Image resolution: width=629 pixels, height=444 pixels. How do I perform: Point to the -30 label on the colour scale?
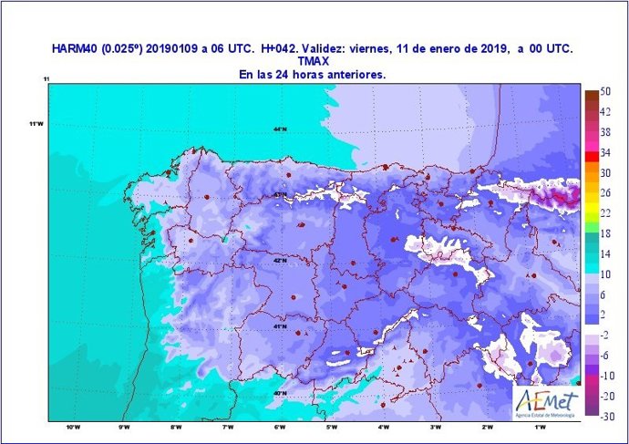tap(605, 416)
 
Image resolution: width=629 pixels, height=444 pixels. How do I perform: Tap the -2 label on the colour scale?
tap(605, 335)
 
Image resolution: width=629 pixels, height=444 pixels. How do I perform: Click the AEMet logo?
tap(544, 400)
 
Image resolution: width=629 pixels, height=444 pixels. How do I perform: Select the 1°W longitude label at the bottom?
tap(540, 428)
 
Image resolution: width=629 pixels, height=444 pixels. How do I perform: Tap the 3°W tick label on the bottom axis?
tap(436, 428)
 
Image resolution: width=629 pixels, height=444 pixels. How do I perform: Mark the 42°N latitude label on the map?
tap(280, 262)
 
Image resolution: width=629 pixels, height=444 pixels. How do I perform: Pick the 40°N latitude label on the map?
tap(280, 394)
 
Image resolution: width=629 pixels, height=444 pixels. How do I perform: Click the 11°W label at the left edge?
tap(36, 124)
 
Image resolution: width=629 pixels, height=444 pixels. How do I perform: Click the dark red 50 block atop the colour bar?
tap(592, 95)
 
